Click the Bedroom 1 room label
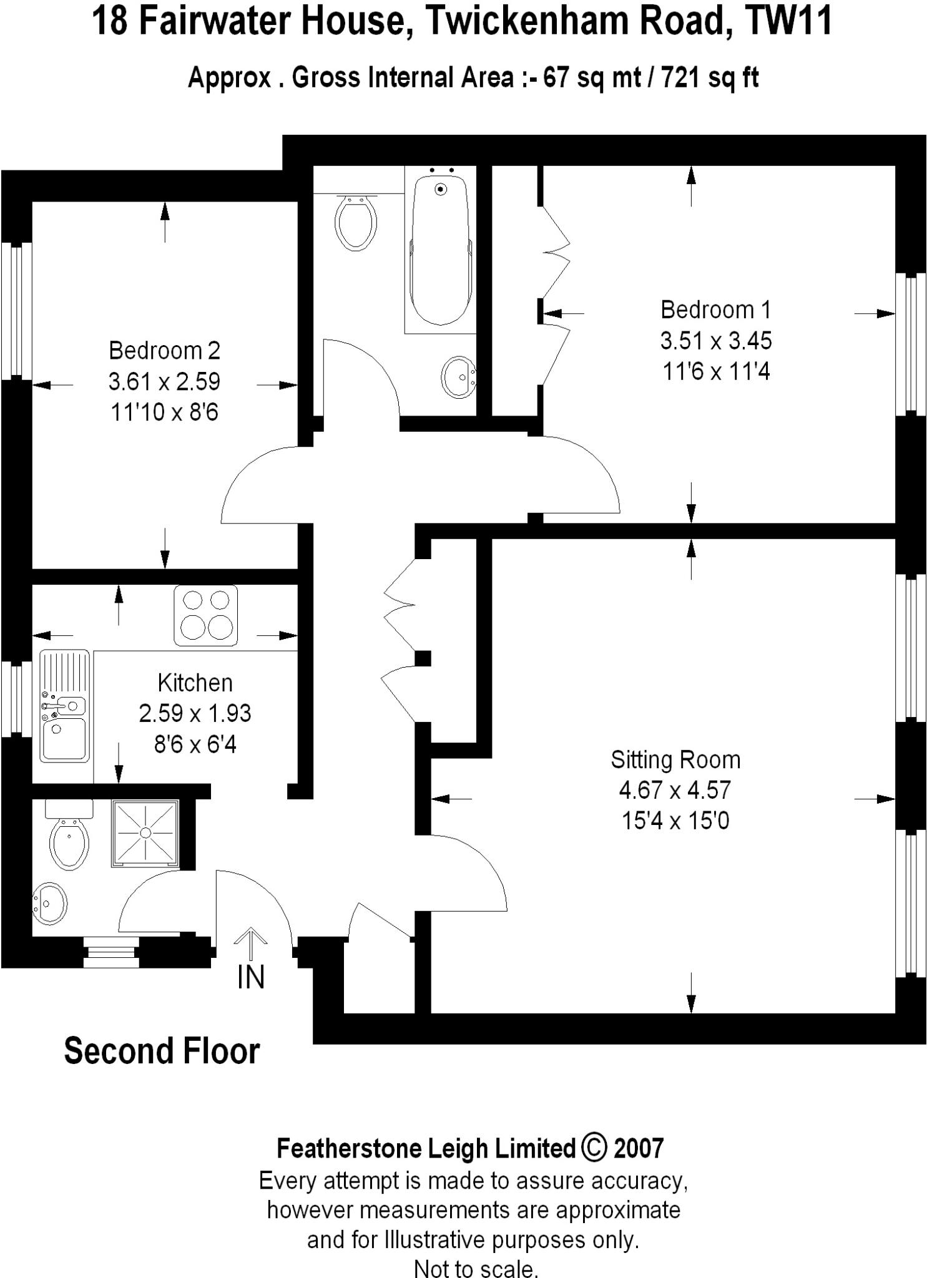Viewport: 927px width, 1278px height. click(715, 310)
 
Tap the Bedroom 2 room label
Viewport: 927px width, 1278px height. click(164, 351)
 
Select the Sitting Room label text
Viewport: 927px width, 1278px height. click(675, 759)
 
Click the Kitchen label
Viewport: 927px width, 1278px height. click(195, 683)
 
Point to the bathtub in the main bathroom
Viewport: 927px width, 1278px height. click(440, 250)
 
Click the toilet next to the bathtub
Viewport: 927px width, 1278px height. click(356, 222)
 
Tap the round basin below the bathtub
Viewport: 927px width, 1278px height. click(459, 377)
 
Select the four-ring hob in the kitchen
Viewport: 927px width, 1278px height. click(205, 615)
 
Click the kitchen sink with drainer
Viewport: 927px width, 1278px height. click(64, 706)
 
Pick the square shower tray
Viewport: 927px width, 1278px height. click(145, 833)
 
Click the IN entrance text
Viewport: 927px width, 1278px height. click(251, 977)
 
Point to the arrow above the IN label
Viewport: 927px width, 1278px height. click(251, 943)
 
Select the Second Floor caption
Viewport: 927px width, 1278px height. click(162, 1051)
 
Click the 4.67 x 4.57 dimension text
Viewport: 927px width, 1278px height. click(675, 790)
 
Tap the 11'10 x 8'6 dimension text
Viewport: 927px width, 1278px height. click(164, 412)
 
